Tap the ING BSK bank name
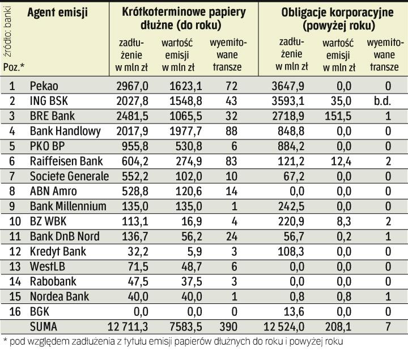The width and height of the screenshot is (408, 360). (50, 101)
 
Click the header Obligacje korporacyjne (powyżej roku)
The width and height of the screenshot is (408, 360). (331, 19)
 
